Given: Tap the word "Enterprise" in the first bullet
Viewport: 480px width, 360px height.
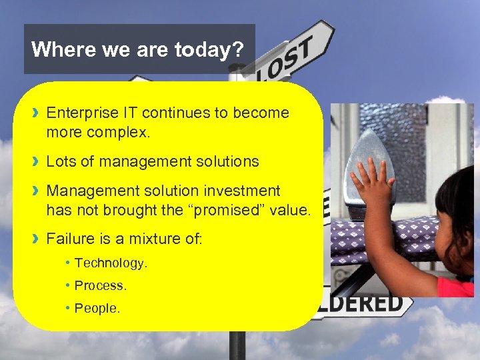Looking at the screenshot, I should (x=79, y=113).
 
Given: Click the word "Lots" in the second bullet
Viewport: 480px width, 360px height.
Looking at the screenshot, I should (x=60, y=161).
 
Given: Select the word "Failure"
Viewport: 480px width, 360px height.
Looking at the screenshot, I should (x=69, y=239).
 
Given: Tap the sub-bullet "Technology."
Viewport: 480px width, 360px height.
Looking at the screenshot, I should (x=111, y=263).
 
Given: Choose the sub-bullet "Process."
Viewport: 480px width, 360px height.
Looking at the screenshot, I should (x=100, y=285).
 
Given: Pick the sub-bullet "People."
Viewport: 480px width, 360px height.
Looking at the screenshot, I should (x=97, y=308).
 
